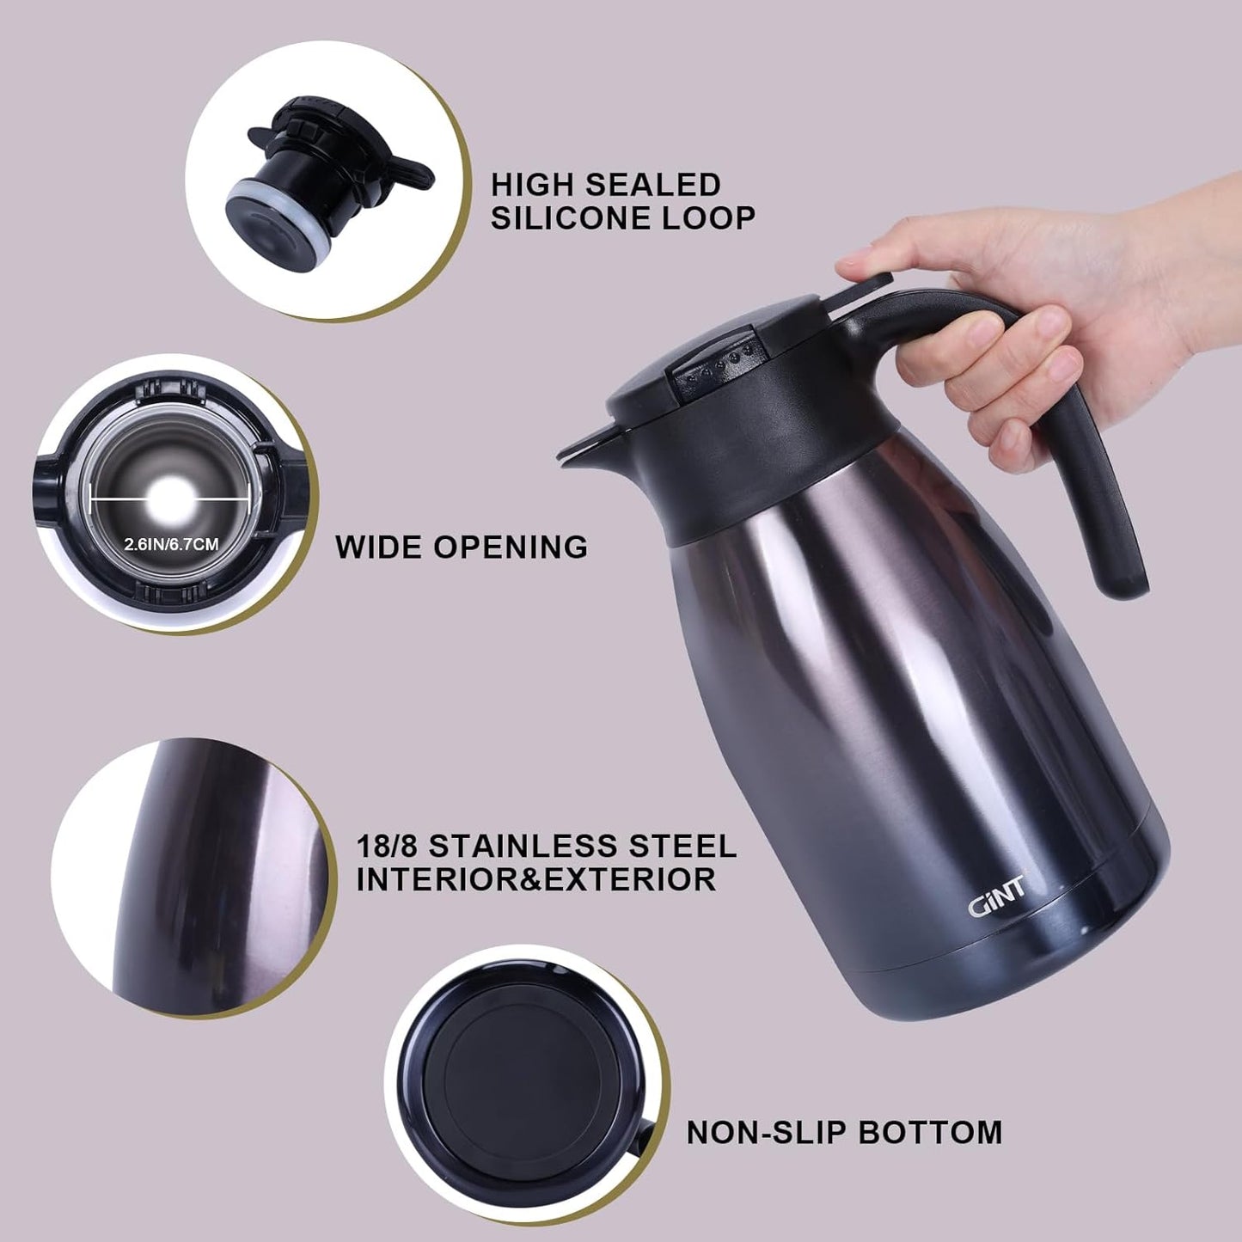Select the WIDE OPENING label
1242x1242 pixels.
(462, 547)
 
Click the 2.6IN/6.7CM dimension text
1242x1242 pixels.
(171, 544)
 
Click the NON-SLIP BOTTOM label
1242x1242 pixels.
(844, 1132)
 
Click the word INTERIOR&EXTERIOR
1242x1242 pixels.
(535, 880)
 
